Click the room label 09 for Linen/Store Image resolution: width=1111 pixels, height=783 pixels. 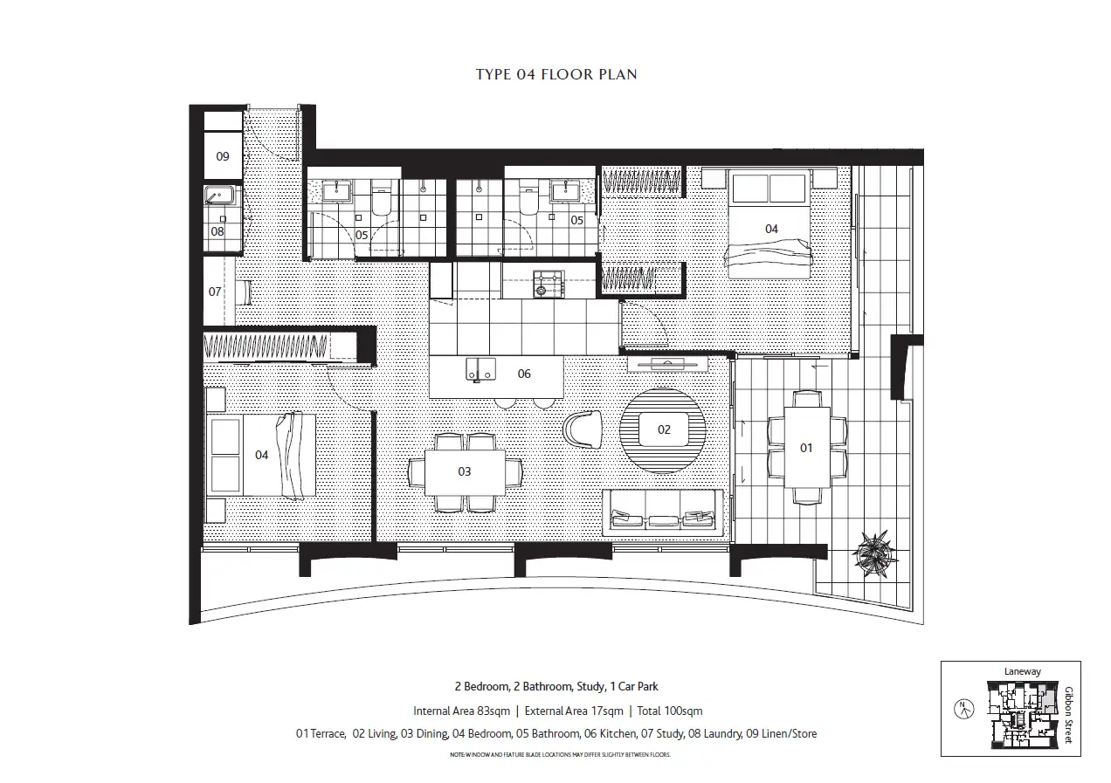point(223,157)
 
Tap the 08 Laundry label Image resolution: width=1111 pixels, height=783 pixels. point(217,232)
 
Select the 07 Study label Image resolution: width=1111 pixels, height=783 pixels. point(215,292)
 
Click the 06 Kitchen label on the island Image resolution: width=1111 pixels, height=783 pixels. point(524,374)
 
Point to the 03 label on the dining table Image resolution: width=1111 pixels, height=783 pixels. point(465,472)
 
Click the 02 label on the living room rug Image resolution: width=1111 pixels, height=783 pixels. point(664,429)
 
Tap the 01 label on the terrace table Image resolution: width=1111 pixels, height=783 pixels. point(806,448)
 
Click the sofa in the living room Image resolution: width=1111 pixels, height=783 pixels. point(663,514)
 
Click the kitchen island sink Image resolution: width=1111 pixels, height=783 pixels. point(480,369)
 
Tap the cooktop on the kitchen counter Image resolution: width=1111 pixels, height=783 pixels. point(549,282)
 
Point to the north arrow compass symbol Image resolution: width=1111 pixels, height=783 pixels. point(963,708)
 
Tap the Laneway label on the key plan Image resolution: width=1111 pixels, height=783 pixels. point(1023,671)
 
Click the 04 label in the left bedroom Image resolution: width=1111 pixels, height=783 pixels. point(262,456)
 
